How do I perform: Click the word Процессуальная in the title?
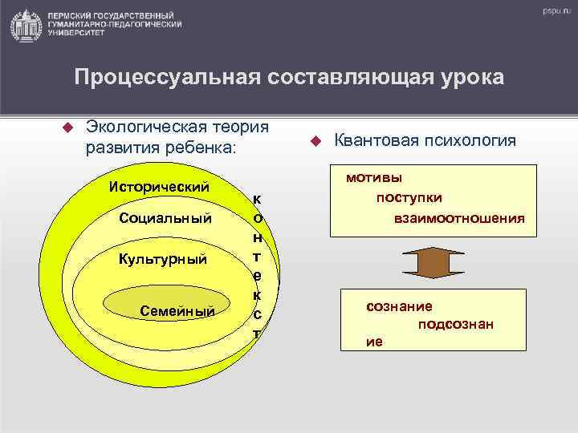tap(157, 78)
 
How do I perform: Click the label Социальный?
tap(165, 218)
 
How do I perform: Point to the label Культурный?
tap(162, 259)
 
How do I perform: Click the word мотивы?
tap(375, 178)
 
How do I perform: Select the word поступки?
tap(409, 197)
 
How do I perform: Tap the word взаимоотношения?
tap(459, 217)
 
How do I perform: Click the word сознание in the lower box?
tap(399, 306)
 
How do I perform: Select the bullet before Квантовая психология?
tap(315, 141)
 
